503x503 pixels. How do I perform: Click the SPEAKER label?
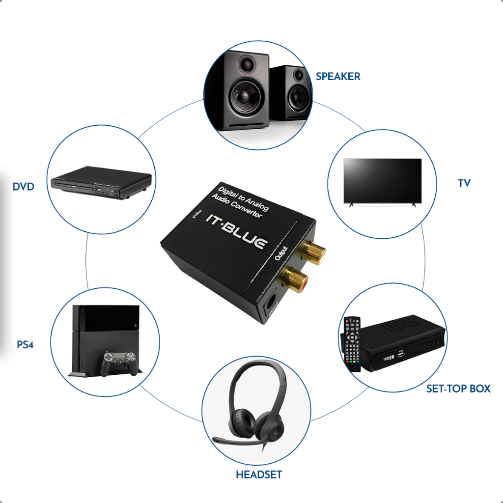pos(338,77)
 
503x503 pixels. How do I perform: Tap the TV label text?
pos(464,183)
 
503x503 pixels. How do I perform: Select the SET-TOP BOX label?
pos(458,389)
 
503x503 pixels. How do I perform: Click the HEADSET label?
pos(259,475)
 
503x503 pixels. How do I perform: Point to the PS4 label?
pos(25,344)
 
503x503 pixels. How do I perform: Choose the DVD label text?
pos(24,187)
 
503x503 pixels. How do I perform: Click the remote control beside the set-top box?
pos(352,344)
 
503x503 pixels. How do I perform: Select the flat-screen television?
pos(382,181)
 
